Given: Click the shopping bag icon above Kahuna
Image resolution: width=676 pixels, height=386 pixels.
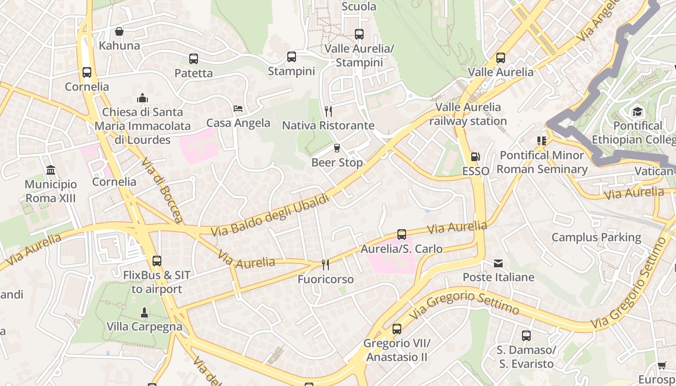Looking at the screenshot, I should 119,32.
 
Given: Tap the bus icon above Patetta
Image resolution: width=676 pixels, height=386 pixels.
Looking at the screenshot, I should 194,59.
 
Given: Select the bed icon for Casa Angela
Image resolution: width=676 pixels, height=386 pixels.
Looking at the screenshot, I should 238,109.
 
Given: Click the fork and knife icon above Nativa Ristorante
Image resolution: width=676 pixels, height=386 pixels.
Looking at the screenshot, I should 328,111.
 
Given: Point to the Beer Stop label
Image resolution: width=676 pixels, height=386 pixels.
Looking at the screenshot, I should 337,163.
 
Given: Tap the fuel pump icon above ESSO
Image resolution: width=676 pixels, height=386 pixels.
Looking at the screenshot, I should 476,157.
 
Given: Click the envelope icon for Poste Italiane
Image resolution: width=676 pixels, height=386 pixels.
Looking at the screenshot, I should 498,263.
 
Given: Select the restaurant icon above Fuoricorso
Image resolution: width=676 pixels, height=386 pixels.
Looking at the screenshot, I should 325,265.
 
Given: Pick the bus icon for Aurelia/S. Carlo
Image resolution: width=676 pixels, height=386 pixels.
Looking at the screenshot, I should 402,234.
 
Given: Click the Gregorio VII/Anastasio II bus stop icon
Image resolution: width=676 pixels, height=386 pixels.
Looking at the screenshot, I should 397,329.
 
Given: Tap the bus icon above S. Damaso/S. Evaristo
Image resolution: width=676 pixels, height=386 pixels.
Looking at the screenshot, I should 526,336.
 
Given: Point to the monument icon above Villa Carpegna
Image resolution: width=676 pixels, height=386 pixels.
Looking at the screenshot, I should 144,313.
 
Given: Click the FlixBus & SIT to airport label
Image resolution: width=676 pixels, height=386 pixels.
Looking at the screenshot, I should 157,282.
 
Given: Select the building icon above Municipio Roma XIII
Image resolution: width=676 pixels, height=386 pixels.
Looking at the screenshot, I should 51,170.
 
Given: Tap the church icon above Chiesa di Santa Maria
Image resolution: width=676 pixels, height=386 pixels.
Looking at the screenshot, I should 142,98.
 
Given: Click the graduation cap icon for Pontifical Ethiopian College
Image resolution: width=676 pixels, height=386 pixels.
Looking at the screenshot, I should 638,111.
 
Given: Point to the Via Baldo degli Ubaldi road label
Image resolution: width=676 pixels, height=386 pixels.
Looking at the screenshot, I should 270,215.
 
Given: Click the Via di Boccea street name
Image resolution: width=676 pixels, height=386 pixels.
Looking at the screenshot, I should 162,190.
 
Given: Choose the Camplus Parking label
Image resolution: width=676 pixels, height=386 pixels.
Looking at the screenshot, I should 596,237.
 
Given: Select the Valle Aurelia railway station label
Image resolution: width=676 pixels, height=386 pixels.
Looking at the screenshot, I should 468,114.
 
